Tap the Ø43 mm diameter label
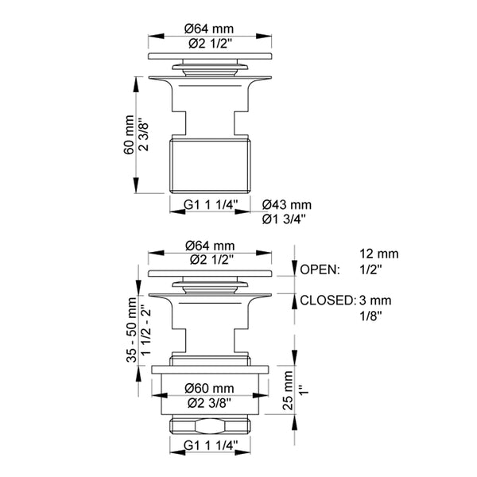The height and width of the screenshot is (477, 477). point(287,204)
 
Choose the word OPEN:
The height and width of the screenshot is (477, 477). point(320,270)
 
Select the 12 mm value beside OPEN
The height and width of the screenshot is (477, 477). point(378,254)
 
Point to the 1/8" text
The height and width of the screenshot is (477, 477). point(370,315)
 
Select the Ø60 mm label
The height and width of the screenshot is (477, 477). point(211,388)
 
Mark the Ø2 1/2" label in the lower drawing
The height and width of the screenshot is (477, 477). point(211,260)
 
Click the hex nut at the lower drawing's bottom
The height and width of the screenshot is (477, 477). point(211,425)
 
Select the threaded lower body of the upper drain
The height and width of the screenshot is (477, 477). point(211,165)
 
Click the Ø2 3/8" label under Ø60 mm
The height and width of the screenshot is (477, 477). point(211,402)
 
